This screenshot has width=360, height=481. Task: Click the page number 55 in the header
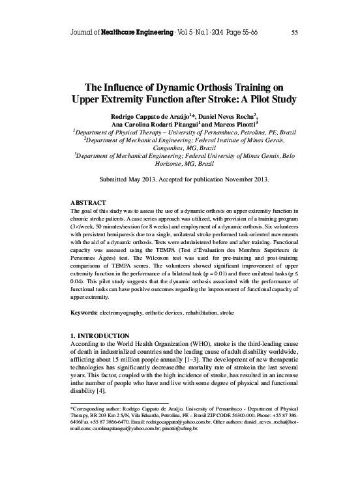point(295,32)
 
